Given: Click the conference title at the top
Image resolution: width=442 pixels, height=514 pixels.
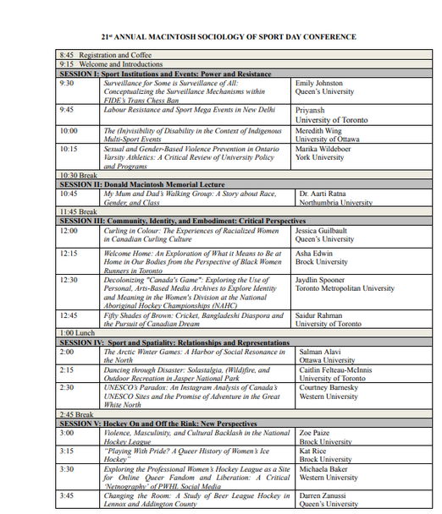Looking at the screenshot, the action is click(229, 37).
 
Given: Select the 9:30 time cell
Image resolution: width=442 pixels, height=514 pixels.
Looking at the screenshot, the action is click(67, 84).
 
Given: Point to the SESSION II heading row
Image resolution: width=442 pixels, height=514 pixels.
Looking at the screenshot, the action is click(140, 183).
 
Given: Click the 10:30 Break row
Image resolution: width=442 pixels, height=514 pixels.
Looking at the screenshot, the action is click(79, 175).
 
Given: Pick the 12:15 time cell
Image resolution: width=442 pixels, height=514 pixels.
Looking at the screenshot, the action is click(69, 252).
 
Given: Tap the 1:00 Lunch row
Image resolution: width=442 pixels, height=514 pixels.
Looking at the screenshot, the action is click(78, 333).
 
